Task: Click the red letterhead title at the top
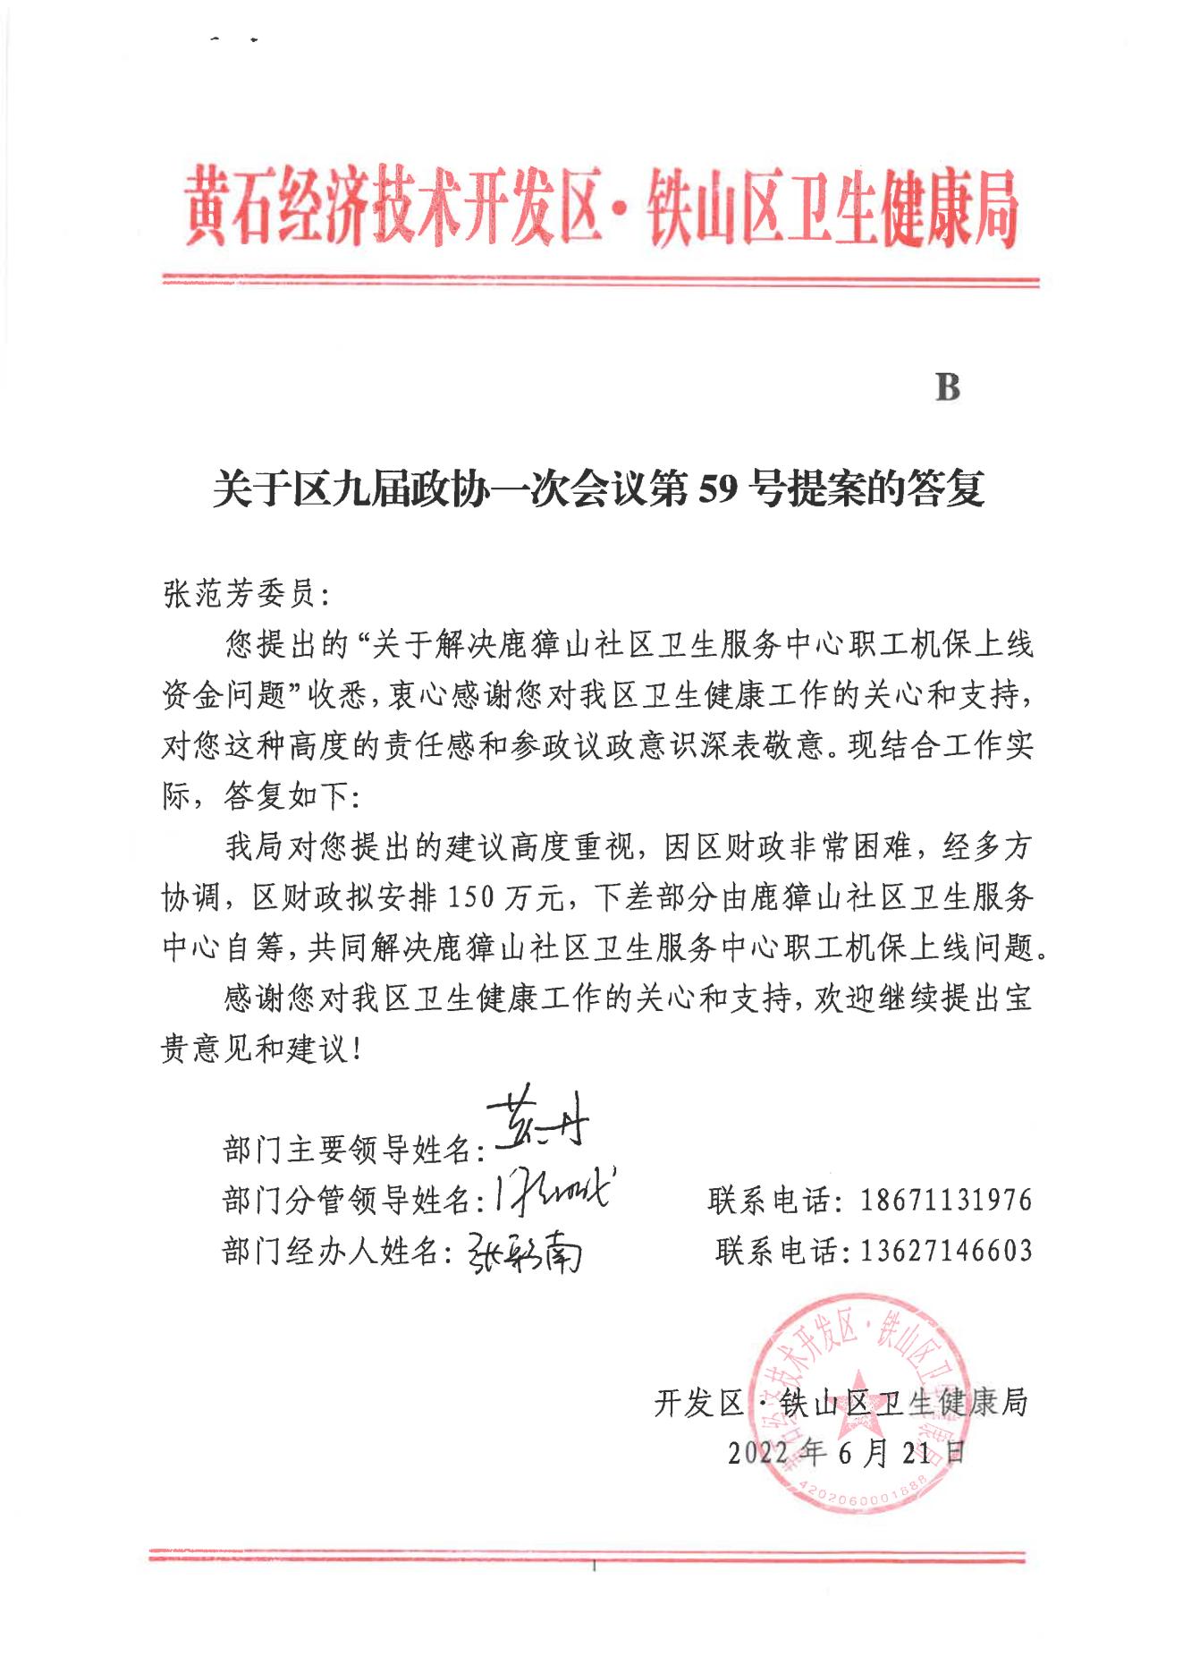[x=601, y=208]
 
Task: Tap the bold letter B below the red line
[x=947, y=388]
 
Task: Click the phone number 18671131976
[x=946, y=1201]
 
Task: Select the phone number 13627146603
[x=946, y=1251]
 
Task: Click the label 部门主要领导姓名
[x=347, y=1151]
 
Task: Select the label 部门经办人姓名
[x=332, y=1251]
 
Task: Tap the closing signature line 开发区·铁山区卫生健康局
[x=841, y=1403]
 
